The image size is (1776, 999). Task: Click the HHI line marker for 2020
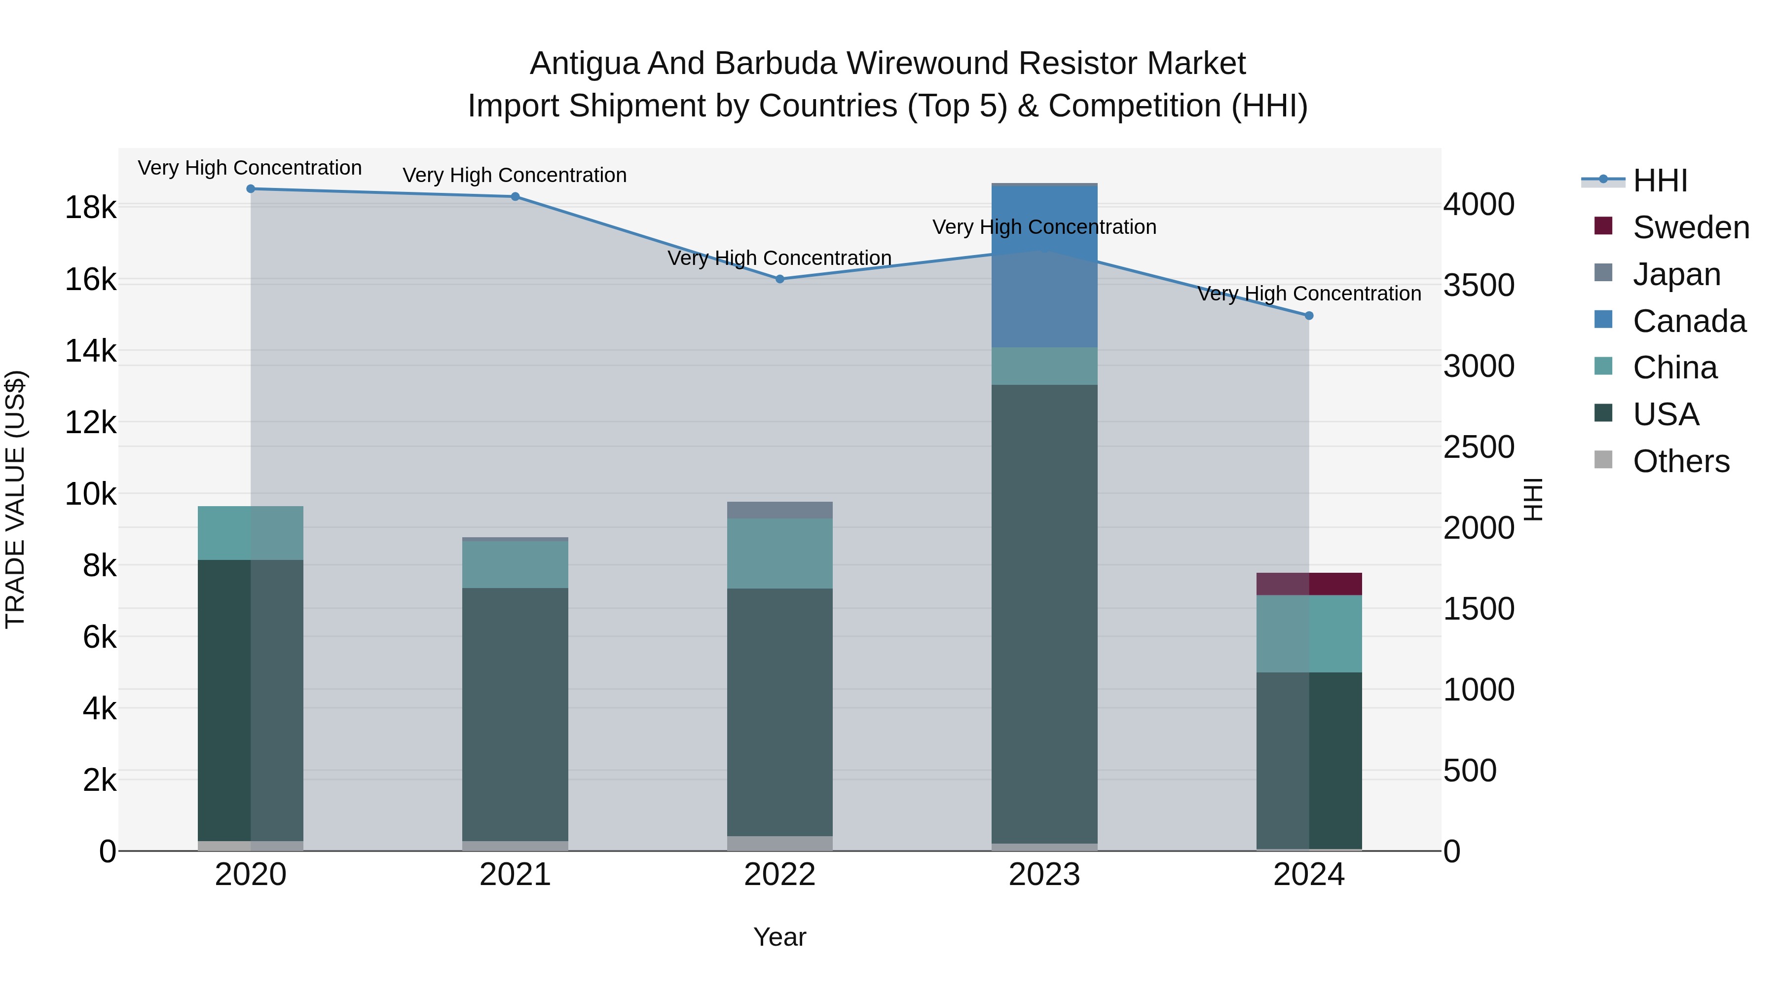251,189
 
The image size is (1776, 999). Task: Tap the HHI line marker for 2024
1309,316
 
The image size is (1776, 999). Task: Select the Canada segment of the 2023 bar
1044,266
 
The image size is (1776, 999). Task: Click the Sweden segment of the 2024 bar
1309,584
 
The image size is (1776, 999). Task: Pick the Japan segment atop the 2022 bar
780,510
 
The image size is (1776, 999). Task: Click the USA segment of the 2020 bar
251,700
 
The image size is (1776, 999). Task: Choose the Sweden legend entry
1691,227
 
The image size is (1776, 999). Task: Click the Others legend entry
1681,461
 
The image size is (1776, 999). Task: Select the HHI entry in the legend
1660,181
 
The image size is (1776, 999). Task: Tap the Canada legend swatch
1604,320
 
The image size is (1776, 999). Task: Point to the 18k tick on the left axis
91,207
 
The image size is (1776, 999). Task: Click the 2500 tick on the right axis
1479,447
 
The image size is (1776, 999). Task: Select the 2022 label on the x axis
780,875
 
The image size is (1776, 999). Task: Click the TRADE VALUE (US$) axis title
15,499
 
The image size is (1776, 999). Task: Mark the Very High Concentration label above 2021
515,175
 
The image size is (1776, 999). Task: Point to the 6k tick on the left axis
100,637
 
